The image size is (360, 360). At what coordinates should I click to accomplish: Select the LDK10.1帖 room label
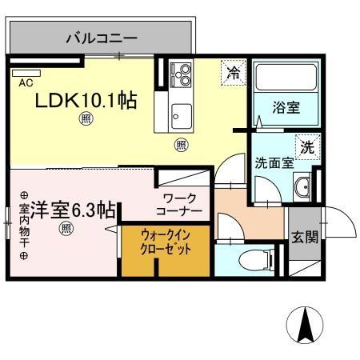[x=85, y=100]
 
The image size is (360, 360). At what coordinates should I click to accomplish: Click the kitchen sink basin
[x=179, y=113]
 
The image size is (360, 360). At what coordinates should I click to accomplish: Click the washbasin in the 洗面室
[x=302, y=188]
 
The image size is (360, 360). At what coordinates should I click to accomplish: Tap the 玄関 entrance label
[x=303, y=237]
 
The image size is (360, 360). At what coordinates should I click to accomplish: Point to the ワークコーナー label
[x=182, y=204]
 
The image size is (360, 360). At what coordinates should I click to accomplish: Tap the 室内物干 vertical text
[x=24, y=225]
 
